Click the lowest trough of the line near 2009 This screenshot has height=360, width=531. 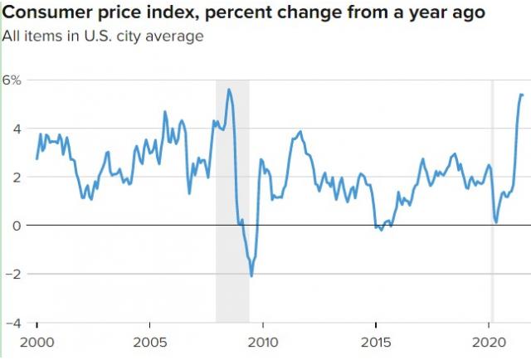(251, 275)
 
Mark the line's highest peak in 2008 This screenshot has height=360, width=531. (229, 90)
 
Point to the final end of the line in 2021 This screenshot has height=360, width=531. (522, 95)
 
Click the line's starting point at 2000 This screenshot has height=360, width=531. (37, 158)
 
